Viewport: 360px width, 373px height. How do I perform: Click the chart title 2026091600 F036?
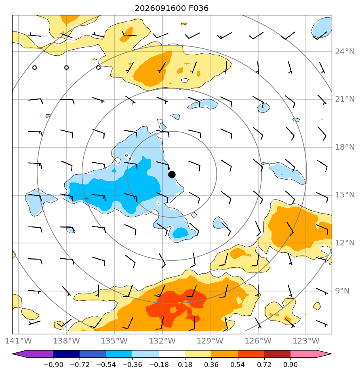pos(171,8)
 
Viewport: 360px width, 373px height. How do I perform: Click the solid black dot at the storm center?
pos(172,175)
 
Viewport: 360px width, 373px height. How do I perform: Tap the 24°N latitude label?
pos(345,51)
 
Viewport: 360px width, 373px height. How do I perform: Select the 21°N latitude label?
pos(345,99)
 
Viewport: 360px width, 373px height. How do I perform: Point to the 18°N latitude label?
pos(345,147)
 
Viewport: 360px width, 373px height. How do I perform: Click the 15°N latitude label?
pos(345,195)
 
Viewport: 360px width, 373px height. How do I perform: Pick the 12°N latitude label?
pos(345,243)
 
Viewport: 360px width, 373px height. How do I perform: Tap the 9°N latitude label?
pos(342,291)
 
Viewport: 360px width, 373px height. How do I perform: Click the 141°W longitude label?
pos(19,341)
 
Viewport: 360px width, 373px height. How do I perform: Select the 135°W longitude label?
pos(114,341)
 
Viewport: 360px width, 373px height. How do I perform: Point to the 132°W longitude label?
pos(162,341)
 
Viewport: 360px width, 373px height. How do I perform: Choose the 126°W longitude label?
pos(258,341)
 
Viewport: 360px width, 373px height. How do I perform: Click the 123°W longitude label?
pos(306,341)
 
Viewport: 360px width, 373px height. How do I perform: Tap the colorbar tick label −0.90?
pos(53,365)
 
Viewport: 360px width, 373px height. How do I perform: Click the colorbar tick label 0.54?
pos(238,365)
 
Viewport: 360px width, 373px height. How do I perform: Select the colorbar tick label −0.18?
pos(159,365)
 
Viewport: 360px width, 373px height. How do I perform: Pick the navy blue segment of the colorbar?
pos(66,354)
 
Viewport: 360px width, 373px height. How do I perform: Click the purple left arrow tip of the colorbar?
pos(13,354)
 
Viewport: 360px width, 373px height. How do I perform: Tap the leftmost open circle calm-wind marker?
pos(34,67)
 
